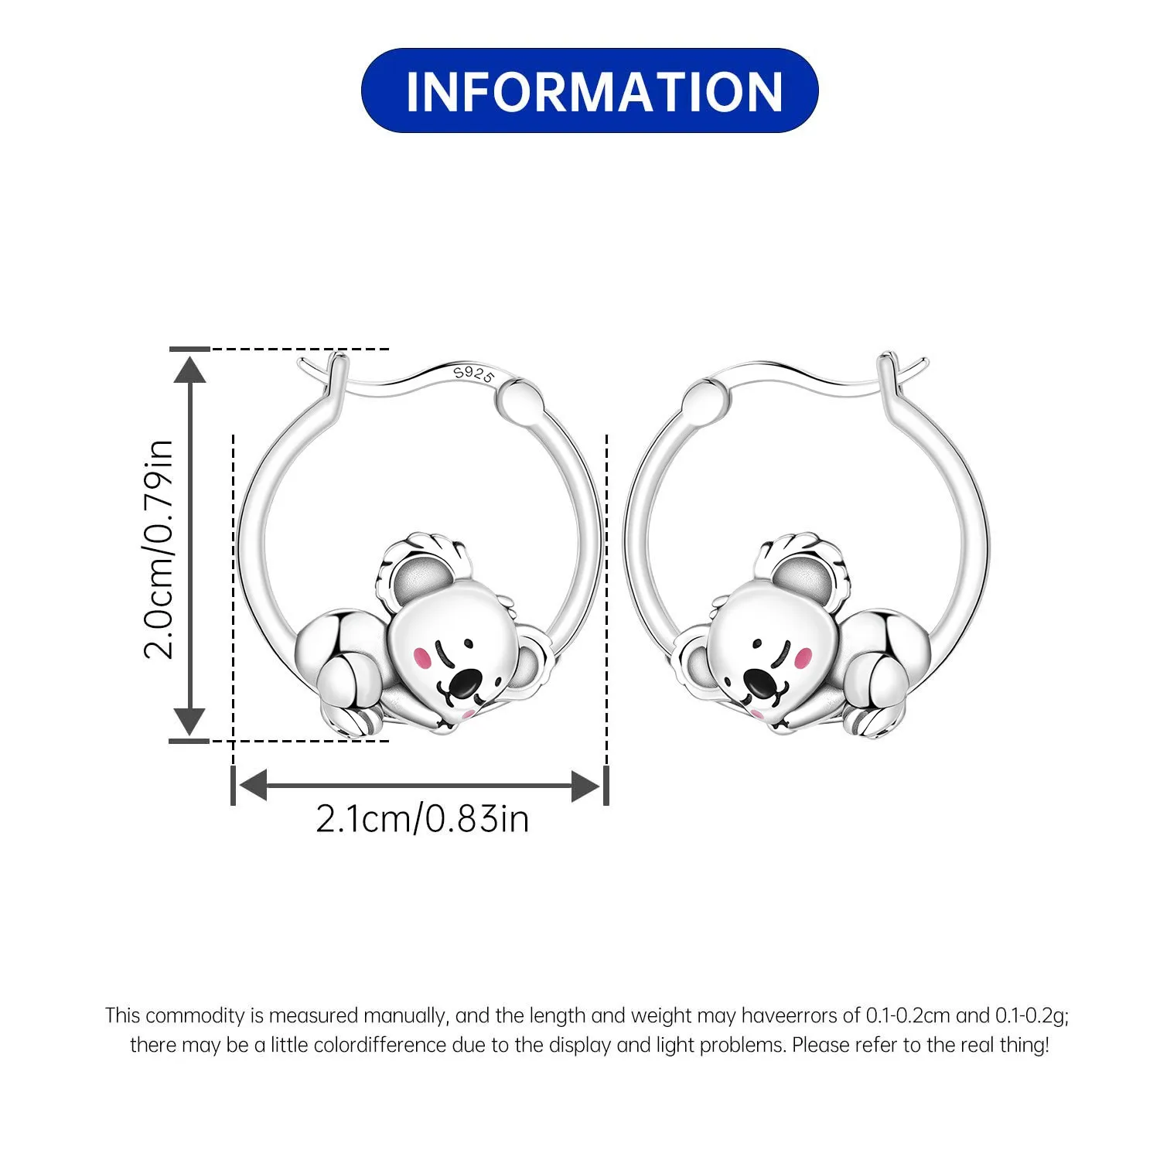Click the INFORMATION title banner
589,90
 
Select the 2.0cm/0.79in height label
159,549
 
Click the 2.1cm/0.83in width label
422,819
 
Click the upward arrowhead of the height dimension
189,368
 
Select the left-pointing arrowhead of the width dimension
252,786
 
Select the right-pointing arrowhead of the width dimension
585,786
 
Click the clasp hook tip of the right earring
922,361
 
